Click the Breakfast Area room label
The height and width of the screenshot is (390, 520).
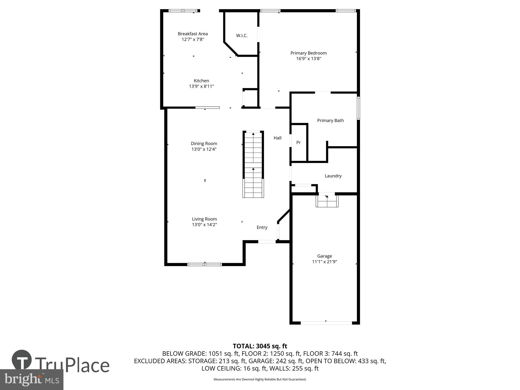tap(193, 34)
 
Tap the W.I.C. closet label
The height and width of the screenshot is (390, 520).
tap(242, 36)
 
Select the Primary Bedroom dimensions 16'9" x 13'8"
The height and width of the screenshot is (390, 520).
tap(309, 59)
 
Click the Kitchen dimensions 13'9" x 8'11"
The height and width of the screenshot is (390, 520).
tap(201, 86)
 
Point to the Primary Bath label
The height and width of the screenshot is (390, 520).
tap(330, 120)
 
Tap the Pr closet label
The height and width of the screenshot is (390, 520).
tap(298, 142)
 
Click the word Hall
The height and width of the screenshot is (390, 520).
tap(277, 138)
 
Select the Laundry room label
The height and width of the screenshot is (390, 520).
tap(333, 176)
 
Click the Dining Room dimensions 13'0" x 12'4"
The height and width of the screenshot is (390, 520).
tap(204, 149)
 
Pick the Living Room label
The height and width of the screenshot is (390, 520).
tap(204, 219)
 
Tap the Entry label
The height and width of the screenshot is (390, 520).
tap(262, 227)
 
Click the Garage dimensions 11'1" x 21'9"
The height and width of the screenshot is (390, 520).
tap(324, 262)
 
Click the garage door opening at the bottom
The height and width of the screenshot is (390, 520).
tap(326, 323)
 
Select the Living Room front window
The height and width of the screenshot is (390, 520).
tap(205, 264)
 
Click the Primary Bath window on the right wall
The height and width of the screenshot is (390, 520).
tap(358, 108)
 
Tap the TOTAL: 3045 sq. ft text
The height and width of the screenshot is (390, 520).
tap(260, 346)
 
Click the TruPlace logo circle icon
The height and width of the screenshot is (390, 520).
tap(22, 360)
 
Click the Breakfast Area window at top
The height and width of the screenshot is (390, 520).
tap(183, 11)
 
